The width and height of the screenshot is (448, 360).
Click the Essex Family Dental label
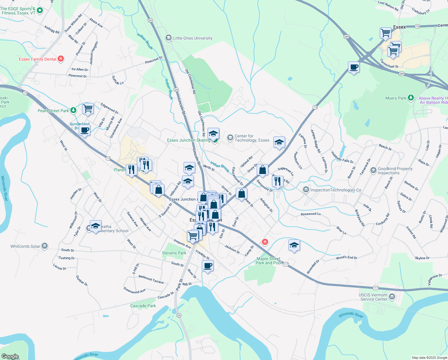tap(37, 59)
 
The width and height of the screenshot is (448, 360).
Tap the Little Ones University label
tap(193, 38)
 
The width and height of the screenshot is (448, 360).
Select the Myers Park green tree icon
tap(411, 98)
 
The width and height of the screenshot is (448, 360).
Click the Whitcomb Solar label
tap(25, 246)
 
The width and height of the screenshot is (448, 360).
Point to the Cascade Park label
tap(143, 306)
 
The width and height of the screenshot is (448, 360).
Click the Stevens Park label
tap(174, 253)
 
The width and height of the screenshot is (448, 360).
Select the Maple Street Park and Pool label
tap(269, 261)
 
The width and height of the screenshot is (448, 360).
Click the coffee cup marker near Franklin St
tap(208, 265)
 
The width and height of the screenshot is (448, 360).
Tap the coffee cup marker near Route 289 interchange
tap(354, 67)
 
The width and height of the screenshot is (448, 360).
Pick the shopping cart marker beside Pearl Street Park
tap(88, 108)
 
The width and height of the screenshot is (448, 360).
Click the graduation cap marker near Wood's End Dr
tap(294, 245)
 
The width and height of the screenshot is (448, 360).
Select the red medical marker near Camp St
tap(265, 241)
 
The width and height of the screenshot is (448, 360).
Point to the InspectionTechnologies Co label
tap(336, 190)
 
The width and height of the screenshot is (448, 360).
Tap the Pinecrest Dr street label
tap(154, 60)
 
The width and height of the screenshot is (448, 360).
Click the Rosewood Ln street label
tap(311, 214)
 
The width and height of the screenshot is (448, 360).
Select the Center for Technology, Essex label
tap(252, 138)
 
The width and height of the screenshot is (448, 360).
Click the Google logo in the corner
tap(10, 356)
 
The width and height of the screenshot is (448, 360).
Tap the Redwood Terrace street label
tap(151, 279)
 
